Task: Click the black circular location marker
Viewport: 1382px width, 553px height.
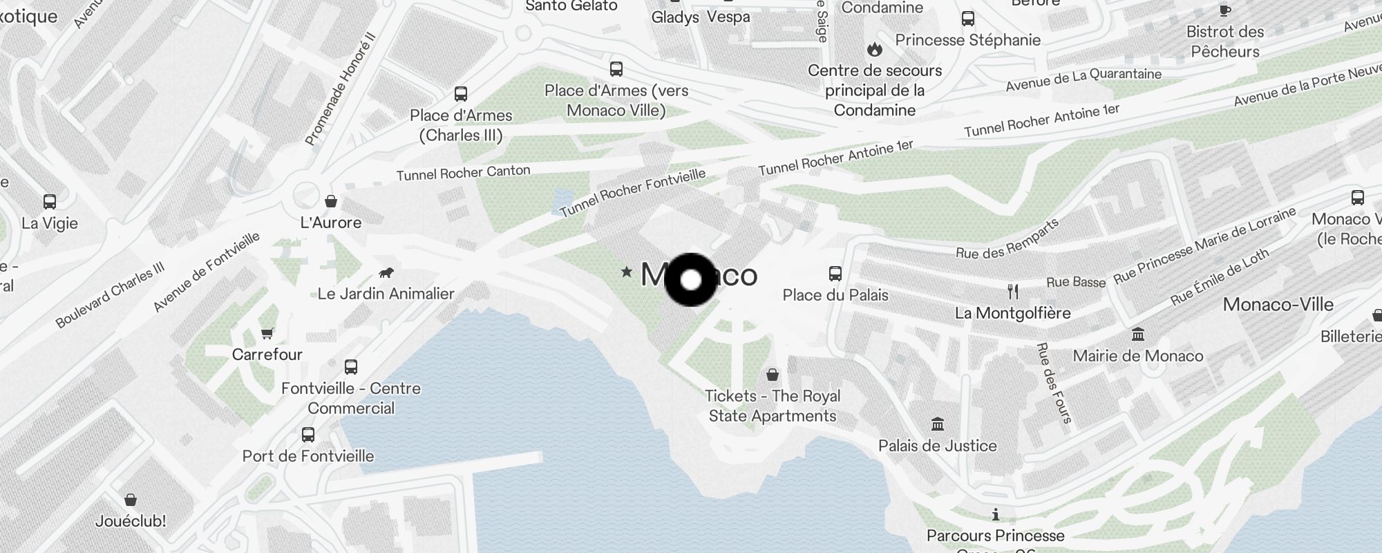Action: coord(691,280)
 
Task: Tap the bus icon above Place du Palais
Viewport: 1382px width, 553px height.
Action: coord(835,273)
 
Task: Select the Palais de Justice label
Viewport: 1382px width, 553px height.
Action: coord(937,446)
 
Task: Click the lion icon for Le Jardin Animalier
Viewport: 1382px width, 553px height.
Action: coord(387,272)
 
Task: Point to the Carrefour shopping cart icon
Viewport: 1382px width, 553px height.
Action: coord(267,333)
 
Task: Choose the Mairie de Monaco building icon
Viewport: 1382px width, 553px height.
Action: coord(1137,335)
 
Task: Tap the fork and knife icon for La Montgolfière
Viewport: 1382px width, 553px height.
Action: coord(1013,292)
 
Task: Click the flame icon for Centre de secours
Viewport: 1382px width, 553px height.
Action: coord(875,50)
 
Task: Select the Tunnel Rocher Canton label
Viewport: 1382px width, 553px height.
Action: coord(463,173)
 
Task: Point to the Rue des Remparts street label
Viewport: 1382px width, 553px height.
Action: coord(1007,239)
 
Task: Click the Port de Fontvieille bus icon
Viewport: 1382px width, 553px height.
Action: coord(308,435)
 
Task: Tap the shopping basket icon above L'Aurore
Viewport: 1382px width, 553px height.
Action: coord(331,201)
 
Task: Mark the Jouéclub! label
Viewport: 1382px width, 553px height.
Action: coord(131,521)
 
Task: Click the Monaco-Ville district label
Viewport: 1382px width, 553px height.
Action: coord(1278,305)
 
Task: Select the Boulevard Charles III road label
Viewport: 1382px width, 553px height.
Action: coord(110,294)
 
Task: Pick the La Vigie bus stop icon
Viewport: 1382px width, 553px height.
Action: coord(50,202)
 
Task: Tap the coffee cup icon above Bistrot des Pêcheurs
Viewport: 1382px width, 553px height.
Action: coord(1225,10)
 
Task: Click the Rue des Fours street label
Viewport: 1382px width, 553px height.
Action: coord(1054,382)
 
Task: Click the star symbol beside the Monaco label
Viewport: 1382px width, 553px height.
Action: coord(627,272)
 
